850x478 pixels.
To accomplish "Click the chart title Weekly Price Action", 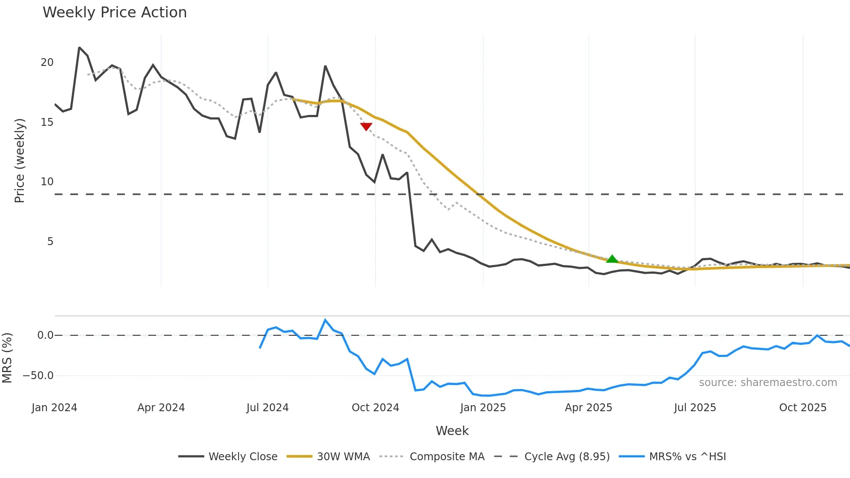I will pyautogui.click(x=114, y=13).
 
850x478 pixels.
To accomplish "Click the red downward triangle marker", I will pyautogui.click(x=366, y=126).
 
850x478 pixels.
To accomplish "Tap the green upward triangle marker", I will pyautogui.click(x=611, y=259).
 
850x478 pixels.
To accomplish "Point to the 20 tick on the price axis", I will pyautogui.click(x=47, y=62).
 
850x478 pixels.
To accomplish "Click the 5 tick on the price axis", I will pyautogui.click(x=50, y=242).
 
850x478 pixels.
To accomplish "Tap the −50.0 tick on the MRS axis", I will pyautogui.click(x=38, y=376).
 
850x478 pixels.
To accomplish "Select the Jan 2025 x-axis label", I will pyautogui.click(x=483, y=408).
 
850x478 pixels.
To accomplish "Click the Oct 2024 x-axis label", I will pyautogui.click(x=375, y=408).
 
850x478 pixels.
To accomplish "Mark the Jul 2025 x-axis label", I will pyautogui.click(x=695, y=408).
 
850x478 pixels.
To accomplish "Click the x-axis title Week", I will pyautogui.click(x=452, y=431).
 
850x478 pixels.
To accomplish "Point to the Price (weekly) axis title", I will pyautogui.click(x=20, y=160).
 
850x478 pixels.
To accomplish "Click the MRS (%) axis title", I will pyautogui.click(x=7, y=358).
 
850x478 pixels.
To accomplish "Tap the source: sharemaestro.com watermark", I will pyautogui.click(x=768, y=383).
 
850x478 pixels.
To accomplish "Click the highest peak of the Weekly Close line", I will pyautogui.click(x=79, y=48).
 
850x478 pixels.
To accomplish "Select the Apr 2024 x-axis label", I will pyautogui.click(x=161, y=408).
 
